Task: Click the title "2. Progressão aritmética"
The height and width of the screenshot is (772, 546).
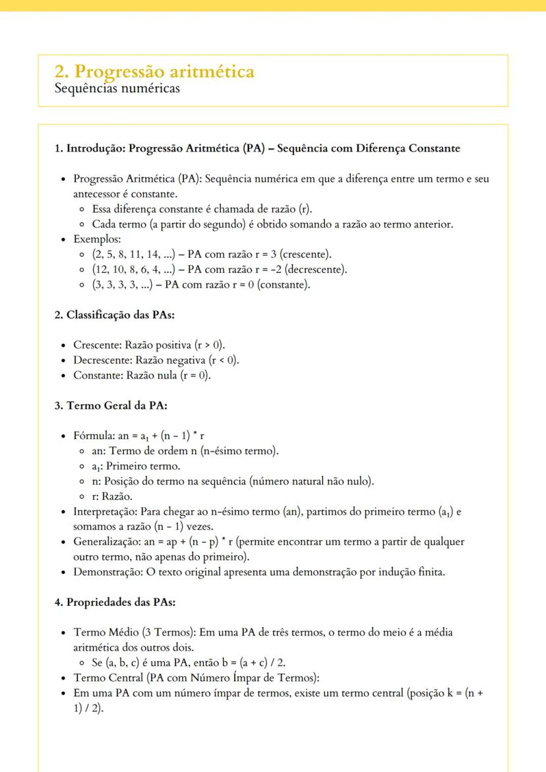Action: (154, 71)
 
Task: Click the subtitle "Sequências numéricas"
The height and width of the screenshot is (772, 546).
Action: (117, 88)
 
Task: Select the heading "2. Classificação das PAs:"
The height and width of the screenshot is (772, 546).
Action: (114, 315)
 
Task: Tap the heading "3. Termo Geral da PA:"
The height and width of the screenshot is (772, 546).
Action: (110, 405)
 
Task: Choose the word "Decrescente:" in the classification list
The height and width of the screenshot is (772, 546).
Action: (103, 361)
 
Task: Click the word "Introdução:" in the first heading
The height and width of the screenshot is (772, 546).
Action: (96, 148)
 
